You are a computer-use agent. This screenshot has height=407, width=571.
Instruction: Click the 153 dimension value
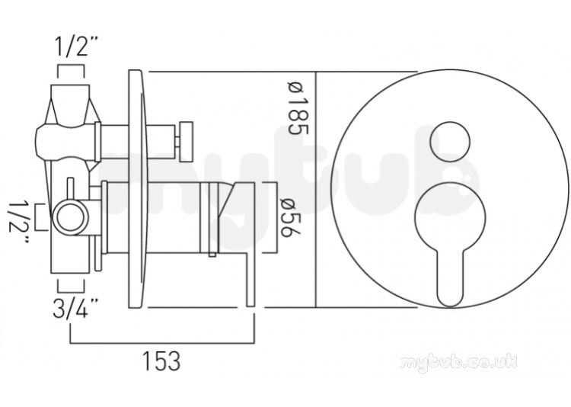161,361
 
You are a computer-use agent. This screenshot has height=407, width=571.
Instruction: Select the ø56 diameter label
287,218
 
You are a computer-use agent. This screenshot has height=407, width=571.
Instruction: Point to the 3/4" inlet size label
75,308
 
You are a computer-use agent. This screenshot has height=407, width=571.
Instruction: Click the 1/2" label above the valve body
76,46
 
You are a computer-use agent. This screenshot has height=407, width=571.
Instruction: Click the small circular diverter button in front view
450,142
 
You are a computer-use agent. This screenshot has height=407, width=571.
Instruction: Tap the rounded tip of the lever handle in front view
451,299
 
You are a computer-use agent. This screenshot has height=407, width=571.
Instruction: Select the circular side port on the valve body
71,218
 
